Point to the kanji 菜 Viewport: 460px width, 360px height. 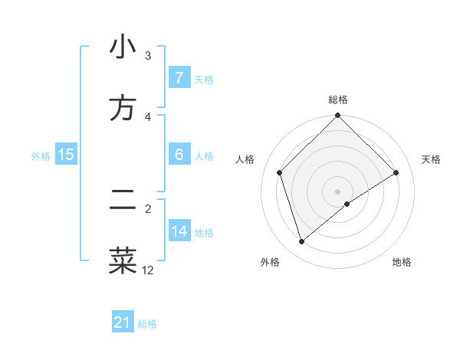123,260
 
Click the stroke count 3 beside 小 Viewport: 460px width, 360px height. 148,56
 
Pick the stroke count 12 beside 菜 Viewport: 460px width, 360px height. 148,270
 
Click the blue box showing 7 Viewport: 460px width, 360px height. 179,78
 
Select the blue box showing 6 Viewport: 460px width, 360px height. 179,155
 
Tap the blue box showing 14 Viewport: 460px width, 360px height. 179,231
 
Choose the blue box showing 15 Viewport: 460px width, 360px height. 65,155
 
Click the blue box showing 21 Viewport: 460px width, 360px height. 123,322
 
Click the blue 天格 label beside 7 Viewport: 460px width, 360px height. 204,79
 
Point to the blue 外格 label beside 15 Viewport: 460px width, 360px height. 40,155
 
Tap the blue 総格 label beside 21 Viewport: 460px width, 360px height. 147,323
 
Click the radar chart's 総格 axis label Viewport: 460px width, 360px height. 338,100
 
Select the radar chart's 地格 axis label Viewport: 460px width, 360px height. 402,263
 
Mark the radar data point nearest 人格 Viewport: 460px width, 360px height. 280,172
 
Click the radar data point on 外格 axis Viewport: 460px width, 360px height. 301,242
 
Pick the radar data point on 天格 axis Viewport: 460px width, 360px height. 396,172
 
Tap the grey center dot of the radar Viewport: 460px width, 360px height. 338,191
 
